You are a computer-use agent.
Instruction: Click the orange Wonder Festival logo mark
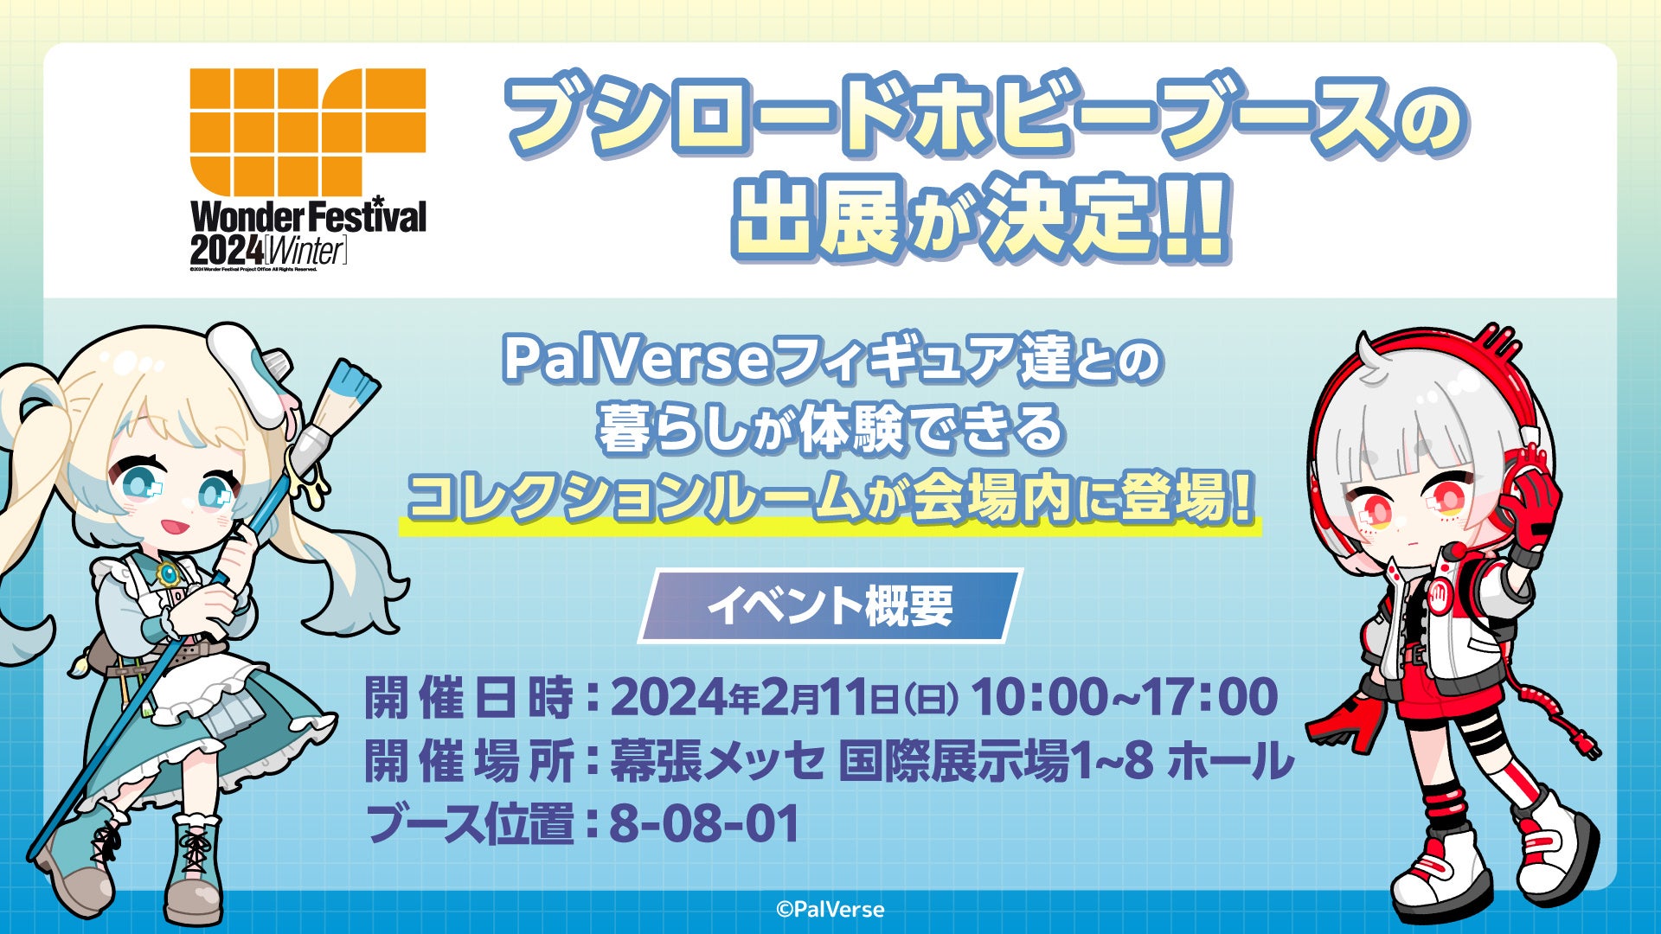308,132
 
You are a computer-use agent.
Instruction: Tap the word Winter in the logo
305,252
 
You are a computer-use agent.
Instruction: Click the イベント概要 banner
830,605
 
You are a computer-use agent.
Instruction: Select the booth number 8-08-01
704,823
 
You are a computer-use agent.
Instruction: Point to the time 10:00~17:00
1125,697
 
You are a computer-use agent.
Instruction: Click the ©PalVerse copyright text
830,909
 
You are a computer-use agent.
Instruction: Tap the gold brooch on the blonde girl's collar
165,573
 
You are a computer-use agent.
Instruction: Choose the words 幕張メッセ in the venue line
717,760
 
